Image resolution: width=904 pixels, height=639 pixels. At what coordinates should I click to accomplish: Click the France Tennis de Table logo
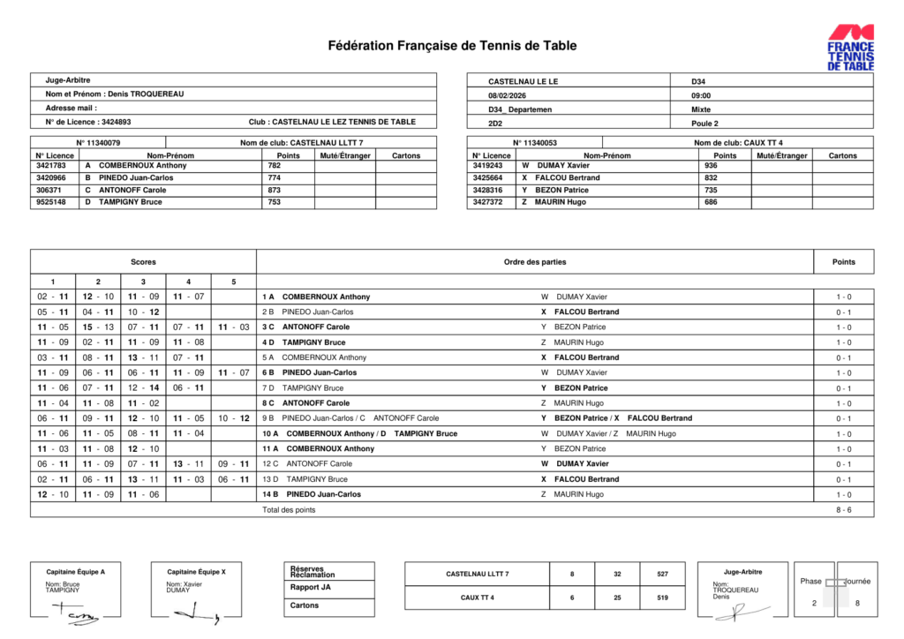(850, 47)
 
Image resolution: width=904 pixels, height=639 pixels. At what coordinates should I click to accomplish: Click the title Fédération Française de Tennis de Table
(452, 46)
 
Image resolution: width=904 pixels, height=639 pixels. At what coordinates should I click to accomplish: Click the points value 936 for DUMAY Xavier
(712, 165)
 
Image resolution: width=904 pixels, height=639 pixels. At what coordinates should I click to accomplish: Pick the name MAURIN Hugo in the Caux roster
(560, 202)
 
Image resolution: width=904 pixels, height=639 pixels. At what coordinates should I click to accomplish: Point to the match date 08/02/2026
(511, 95)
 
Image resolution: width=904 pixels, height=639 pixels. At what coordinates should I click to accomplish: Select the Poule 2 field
(705, 124)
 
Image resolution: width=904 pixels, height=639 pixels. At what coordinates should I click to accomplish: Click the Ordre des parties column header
(535, 262)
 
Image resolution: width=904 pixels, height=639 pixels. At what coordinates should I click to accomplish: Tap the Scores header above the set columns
(143, 262)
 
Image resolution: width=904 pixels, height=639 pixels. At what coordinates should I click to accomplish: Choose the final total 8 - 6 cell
(843, 510)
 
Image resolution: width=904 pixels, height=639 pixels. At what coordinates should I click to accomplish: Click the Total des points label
(289, 510)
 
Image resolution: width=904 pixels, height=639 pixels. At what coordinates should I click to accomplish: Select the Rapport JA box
(311, 588)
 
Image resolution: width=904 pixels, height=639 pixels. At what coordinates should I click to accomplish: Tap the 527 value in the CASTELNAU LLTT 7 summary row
(662, 575)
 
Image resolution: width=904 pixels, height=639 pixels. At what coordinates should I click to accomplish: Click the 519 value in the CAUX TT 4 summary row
(662, 598)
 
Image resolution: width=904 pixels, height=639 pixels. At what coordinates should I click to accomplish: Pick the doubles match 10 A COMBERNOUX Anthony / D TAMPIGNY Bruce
(372, 433)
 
